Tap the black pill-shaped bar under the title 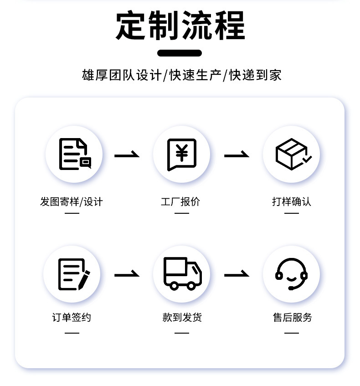pyautogui.click(x=180, y=53)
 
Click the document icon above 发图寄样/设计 pyautogui.click(x=74, y=154)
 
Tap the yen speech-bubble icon pyautogui.click(x=181, y=154)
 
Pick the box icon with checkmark pyautogui.click(x=292, y=154)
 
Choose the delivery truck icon pyautogui.click(x=181, y=273)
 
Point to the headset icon pyautogui.click(x=292, y=274)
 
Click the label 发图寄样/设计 pyautogui.click(x=72, y=201)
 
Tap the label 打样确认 pyautogui.click(x=292, y=201)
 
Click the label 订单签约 pyautogui.click(x=72, y=317)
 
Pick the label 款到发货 pyautogui.click(x=182, y=317)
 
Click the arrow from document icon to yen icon pyautogui.click(x=127, y=155)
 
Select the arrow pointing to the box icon pyautogui.click(x=237, y=155)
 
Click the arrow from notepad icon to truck pyautogui.click(x=127, y=275)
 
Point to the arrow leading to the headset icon pyautogui.click(x=237, y=275)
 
